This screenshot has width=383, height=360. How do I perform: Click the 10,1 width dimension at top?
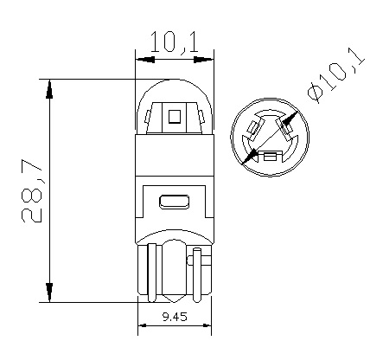pyautogui.click(x=173, y=40)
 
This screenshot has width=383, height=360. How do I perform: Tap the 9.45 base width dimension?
pyautogui.click(x=176, y=317)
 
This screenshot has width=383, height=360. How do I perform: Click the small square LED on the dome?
pyautogui.click(x=174, y=116)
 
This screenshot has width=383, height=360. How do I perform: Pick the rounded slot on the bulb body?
pyautogui.click(x=175, y=202)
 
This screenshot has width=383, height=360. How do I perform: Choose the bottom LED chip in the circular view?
pyautogui.click(x=271, y=157)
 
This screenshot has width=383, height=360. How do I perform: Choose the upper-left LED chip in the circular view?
pyautogui.click(x=253, y=128)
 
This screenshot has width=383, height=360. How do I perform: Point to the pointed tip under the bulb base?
pyautogui.click(x=175, y=299)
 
